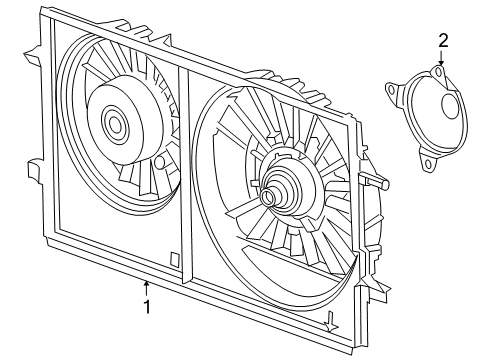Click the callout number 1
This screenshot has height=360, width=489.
pyautogui.click(x=146, y=307)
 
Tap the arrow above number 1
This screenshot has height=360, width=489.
pyautogui.click(x=146, y=287)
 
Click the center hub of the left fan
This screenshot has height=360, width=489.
pyautogui.click(x=112, y=125)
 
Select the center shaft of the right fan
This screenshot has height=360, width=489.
pyautogui.click(x=268, y=197)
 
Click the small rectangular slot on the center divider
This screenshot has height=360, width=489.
pyautogui.click(x=175, y=259)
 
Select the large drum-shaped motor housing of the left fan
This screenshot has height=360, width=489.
pyautogui.click(x=120, y=125)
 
